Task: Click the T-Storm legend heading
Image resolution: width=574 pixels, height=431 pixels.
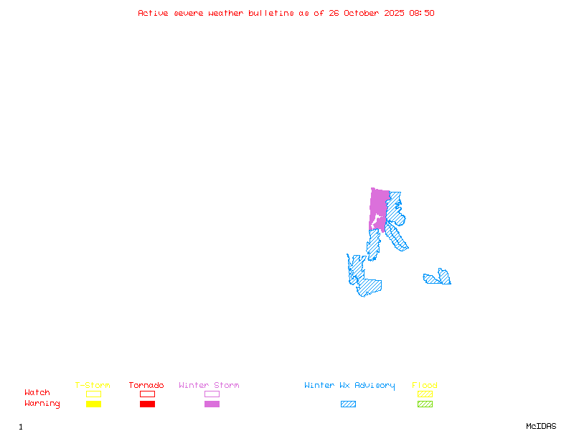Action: click(x=93, y=386)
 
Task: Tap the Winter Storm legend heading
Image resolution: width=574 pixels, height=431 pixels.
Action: click(x=209, y=386)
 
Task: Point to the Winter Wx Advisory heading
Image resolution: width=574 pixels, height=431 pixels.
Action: click(x=349, y=386)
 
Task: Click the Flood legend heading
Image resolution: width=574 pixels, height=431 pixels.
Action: click(x=425, y=386)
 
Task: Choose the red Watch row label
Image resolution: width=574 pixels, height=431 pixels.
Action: click(x=37, y=393)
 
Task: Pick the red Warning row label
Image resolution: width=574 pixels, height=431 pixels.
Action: click(x=42, y=404)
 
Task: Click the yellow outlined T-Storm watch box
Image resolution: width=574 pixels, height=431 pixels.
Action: click(x=93, y=394)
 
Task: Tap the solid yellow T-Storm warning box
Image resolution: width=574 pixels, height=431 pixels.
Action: click(x=93, y=404)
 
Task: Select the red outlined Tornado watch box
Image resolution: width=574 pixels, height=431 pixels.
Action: click(x=147, y=394)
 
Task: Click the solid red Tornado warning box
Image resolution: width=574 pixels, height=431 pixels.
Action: click(x=147, y=404)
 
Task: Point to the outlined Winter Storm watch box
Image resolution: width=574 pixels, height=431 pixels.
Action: click(x=212, y=394)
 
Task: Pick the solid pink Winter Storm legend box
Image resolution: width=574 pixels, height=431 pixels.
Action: click(x=212, y=404)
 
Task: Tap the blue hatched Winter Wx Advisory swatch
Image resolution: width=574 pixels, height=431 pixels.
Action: click(x=348, y=404)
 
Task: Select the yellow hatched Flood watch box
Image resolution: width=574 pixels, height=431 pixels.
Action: click(x=425, y=394)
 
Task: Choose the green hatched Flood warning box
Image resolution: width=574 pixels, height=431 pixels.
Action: click(x=425, y=404)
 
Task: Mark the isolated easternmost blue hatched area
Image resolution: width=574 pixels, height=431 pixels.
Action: click(x=438, y=278)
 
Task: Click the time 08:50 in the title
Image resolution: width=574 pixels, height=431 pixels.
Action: click(x=422, y=13)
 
